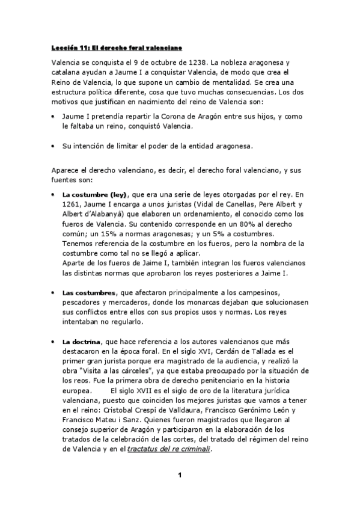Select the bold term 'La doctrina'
pos(82,341)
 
